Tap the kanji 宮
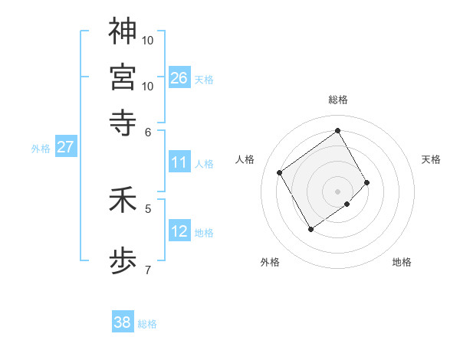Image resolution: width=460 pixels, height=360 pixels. pos(123,77)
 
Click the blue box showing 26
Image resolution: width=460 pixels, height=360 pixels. pos(179,78)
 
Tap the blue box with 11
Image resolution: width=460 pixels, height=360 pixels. pos(179,162)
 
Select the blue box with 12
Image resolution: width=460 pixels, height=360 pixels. pos(179,232)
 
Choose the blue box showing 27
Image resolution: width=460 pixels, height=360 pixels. pos(65,147)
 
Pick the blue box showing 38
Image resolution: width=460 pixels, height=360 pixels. pos(123,322)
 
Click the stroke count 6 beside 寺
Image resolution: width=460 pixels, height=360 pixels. pos(148,131)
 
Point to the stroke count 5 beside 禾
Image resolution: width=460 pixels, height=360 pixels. pos(148,208)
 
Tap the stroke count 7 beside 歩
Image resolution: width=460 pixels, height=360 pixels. pos(148,269)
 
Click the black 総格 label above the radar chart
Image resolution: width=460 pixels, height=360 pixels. pos(338,100)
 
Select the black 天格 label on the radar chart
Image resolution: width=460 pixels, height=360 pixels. pos(431,159)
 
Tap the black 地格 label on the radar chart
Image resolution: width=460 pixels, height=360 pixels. pos(402,262)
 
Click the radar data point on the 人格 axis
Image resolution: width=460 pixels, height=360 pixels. pos(280,172)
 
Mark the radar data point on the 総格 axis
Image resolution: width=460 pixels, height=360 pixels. pos(337,130)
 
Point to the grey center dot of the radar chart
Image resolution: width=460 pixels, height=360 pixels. pos(337,191)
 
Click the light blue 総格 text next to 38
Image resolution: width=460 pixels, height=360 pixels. pos(147,324)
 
